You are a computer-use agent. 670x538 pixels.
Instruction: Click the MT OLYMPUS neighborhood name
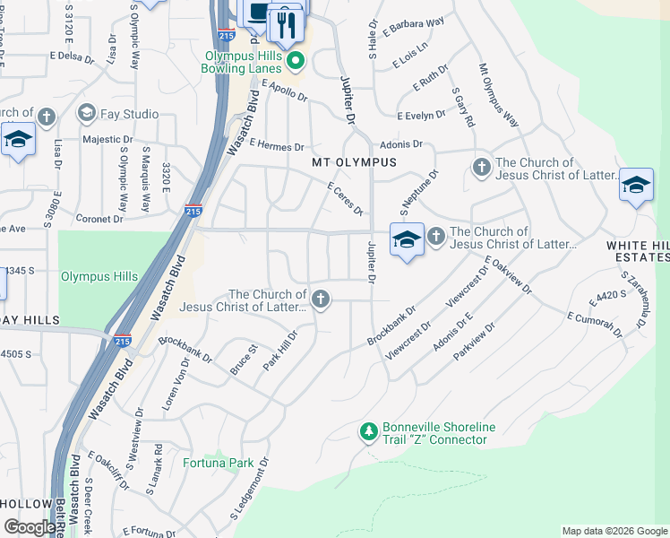[x=353, y=162]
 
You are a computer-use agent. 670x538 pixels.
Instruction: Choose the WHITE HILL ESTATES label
[x=637, y=251]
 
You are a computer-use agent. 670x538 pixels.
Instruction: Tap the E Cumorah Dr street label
[x=595, y=325]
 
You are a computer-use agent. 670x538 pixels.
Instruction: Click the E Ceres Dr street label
[x=346, y=198]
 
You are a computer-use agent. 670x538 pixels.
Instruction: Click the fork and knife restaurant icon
[x=287, y=23]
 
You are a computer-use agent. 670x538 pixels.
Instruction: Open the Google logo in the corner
[x=30, y=527]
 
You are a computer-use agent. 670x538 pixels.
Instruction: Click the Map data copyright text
[x=614, y=531]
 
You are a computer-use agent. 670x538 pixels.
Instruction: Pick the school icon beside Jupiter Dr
[x=407, y=240]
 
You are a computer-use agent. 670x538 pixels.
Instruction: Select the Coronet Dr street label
[x=99, y=218]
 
